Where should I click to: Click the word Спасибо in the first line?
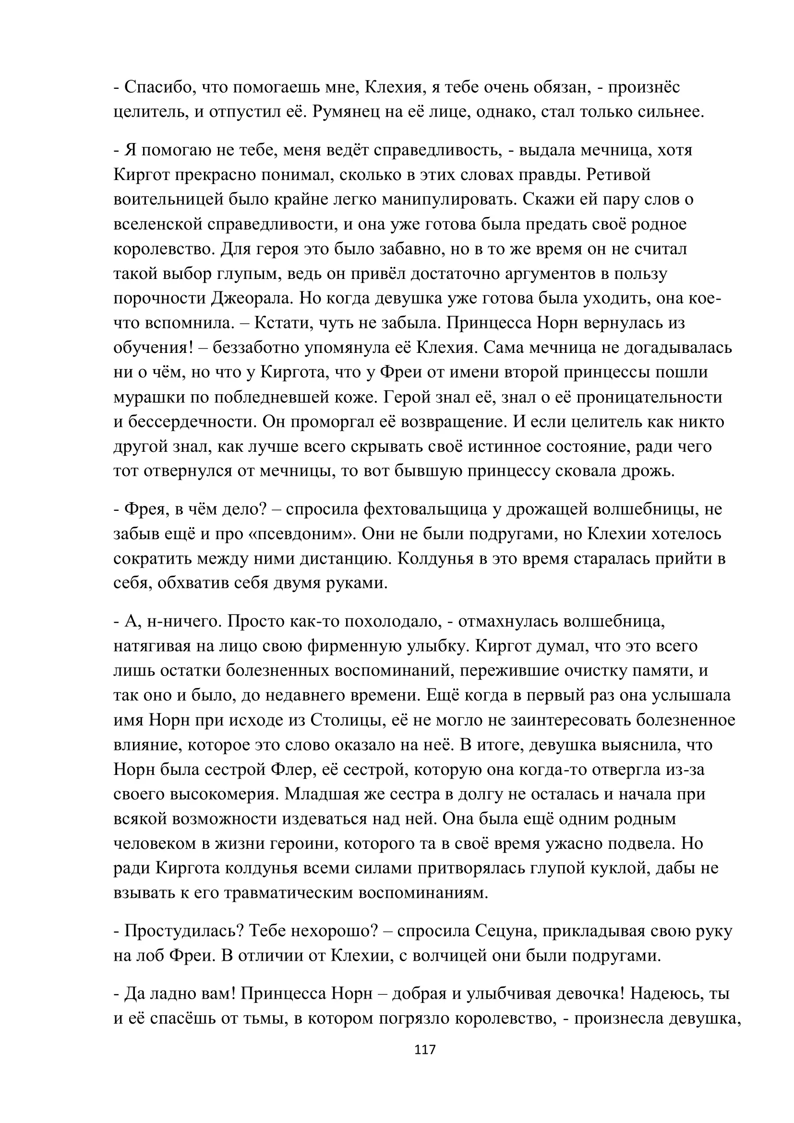click(156, 87)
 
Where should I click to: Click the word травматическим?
click(289, 893)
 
